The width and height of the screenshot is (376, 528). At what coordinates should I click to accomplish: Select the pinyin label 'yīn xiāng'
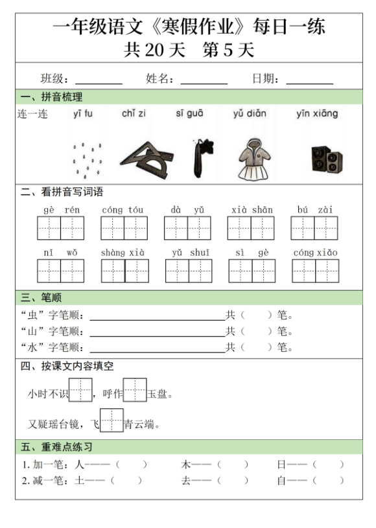click(x=317, y=114)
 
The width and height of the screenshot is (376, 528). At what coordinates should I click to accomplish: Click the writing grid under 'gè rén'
click(x=61, y=228)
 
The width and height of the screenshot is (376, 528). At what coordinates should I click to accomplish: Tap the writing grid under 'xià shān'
click(x=252, y=228)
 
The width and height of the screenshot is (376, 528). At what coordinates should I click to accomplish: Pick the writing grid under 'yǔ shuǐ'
click(x=188, y=270)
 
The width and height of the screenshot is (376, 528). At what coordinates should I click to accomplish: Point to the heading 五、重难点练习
click(x=56, y=447)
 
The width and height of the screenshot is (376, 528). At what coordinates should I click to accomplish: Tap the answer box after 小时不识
click(x=80, y=391)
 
